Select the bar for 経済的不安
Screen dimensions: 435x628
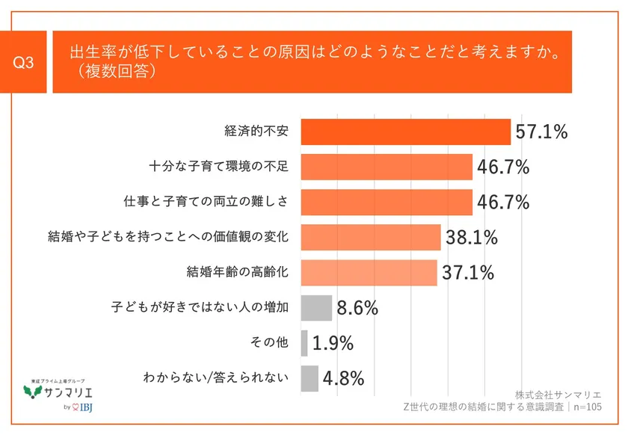(x=405, y=132)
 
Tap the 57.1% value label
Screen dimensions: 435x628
(x=541, y=132)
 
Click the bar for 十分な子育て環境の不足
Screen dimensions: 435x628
(x=387, y=167)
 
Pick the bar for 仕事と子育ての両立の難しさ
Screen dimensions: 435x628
(x=387, y=202)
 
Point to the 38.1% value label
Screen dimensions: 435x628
(x=472, y=238)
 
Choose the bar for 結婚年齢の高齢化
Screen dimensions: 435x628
(x=369, y=272)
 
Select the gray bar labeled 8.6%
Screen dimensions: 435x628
(x=316, y=307)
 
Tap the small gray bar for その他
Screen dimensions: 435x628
(x=304, y=343)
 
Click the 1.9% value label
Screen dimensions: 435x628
(x=333, y=343)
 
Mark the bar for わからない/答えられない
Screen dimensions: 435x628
(x=310, y=378)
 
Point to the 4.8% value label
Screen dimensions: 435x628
(x=343, y=378)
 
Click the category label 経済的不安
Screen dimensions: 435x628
(x=256, y=132)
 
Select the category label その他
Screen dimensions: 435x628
(x=269, y=343)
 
